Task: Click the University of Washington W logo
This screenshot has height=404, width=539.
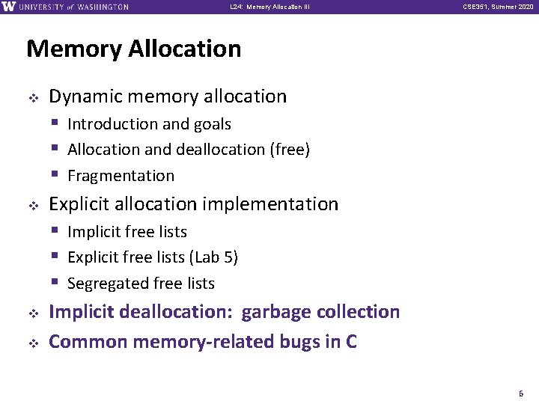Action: click(x=8, y=7)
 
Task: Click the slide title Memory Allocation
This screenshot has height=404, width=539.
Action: click(x=133, y=49)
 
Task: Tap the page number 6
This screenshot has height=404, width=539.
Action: click(x=522, y=393)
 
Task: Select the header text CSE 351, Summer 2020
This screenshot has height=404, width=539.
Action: click(x=498, y=7)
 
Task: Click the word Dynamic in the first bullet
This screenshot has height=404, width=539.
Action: click(x=82, y=97)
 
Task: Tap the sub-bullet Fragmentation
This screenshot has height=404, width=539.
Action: click(x=121, y=176)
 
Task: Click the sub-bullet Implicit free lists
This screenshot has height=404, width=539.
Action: click(x=127, y=232)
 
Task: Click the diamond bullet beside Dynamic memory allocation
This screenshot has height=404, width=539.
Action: click(x=32, y=97)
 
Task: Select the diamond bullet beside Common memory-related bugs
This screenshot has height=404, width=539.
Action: click(x=32, y=343)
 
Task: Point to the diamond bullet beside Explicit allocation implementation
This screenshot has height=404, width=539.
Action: click(x=32, y=205)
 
